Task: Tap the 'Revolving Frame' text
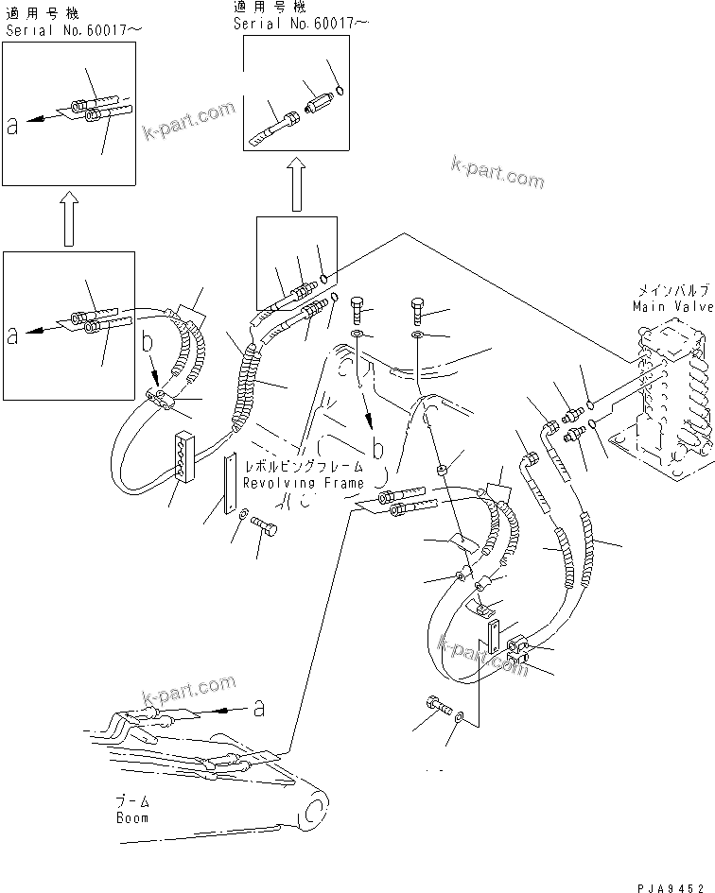point(303,483)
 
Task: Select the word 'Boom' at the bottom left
point(132,817)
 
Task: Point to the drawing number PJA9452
point(672,883)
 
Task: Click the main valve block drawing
point(667,378)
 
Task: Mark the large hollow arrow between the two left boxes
point(67,218)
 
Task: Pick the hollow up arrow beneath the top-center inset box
point(295,184)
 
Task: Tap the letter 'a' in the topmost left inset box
point(12,127)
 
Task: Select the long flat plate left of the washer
point(228,485)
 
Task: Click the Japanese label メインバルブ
point(666,293)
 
